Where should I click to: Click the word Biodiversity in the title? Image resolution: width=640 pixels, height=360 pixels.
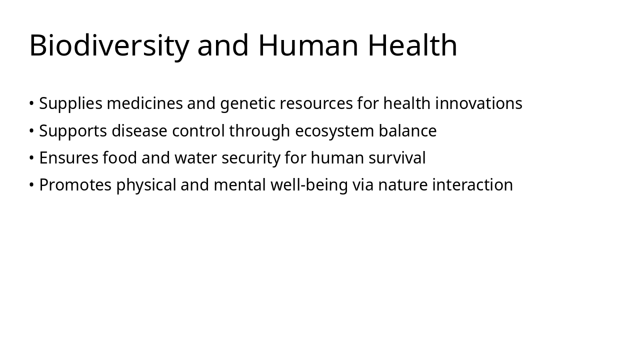coord(109,45)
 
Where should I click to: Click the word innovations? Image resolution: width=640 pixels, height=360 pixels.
coord(478,103)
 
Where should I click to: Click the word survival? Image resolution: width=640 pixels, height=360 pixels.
coord(397,158)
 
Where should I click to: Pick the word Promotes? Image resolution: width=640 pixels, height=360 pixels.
coord(75,185)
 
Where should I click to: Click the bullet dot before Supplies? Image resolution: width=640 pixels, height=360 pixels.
coord(31,104)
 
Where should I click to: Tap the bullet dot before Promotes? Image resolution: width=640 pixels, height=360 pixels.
coord(31,185)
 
